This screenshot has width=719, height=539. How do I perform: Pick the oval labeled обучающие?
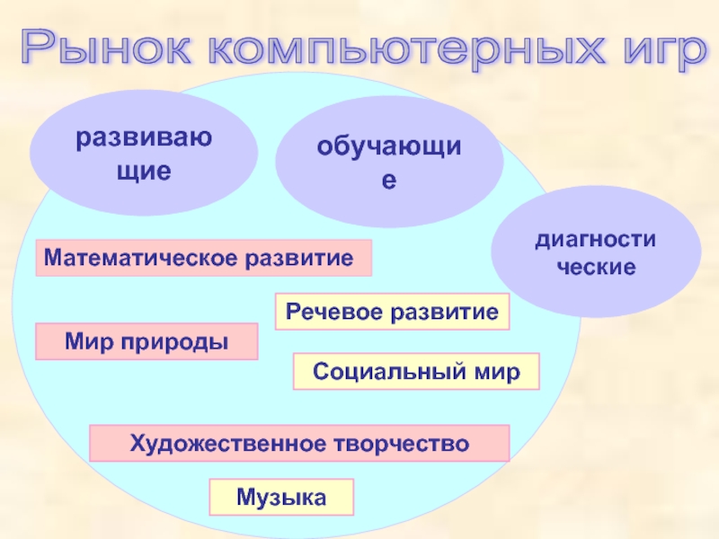tap(388, 162)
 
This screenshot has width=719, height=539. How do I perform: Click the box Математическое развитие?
tap(203, 259)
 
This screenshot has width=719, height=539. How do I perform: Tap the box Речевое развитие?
tap(391, 312)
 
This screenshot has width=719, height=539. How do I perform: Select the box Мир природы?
tap(146, 342)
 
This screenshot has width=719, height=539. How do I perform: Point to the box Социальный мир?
tap(416, 372)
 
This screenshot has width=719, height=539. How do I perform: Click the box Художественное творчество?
tap(299, 444)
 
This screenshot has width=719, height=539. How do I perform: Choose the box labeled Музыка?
tap(281, 497)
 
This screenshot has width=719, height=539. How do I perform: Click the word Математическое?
tap(139, 259)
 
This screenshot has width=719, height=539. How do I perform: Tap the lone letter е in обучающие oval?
tap(388, 181)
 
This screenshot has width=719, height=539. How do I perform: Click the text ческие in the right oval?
tap(595, 268)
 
